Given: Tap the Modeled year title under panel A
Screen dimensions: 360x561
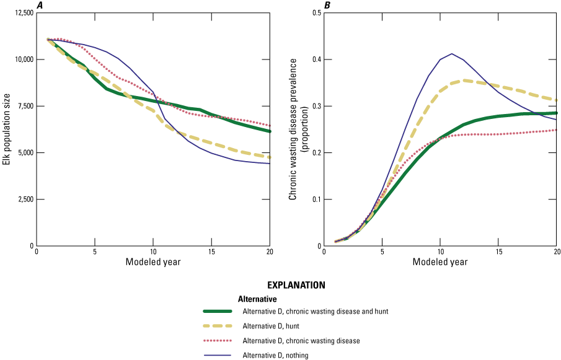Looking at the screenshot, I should click(153, 262).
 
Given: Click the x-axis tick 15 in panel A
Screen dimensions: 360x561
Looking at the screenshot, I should click(211, 252).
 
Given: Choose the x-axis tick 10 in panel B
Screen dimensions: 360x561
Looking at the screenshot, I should click(440, 252).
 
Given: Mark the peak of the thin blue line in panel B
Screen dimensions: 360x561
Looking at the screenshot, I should click(451, 53).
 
